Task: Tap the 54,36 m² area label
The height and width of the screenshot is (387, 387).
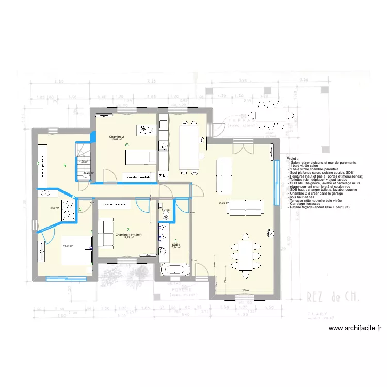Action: pyautogui.click(x=224, y=203)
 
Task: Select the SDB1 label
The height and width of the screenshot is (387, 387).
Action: pyautogui.click(x=176, y=245)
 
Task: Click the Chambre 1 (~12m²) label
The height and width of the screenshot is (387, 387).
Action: pyautogui.click(x=128, y=235)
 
